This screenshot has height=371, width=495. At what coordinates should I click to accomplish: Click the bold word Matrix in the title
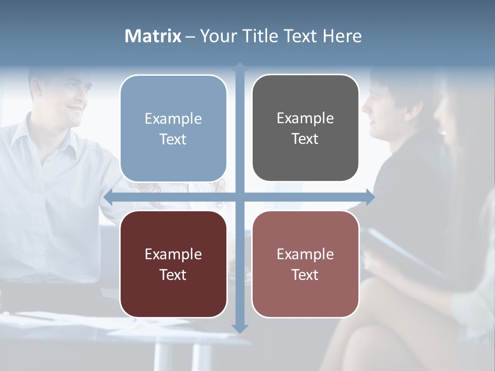pos(153,36)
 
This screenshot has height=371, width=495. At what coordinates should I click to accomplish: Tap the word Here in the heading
pos(342,36)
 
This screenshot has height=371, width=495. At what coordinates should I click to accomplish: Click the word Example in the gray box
pos(305,118)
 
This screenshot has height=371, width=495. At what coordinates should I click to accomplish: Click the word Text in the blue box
pos(173,139)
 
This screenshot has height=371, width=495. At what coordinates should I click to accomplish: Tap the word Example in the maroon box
pos(173,254)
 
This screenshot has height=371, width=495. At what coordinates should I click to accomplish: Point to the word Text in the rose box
pos(305,275)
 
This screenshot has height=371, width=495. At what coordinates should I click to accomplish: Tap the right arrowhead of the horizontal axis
pos(370,197)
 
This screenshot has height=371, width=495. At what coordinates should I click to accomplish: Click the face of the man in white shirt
pos(70,100)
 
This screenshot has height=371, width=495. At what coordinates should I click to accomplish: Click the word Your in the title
pos(217,36)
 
